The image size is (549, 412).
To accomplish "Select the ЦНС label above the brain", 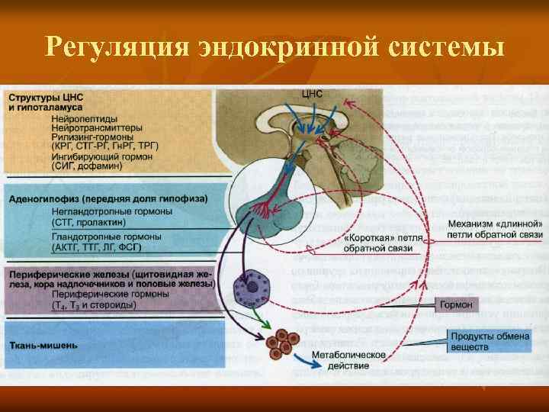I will (313, 94).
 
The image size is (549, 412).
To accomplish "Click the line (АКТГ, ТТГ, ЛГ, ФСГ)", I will (96, 248).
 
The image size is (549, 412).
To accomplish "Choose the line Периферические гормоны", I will (110, 294).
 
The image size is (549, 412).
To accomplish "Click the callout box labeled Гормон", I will (456, 305).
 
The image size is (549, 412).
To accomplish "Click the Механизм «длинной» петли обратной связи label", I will (495, 229).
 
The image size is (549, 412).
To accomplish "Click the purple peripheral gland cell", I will (248, 288).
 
